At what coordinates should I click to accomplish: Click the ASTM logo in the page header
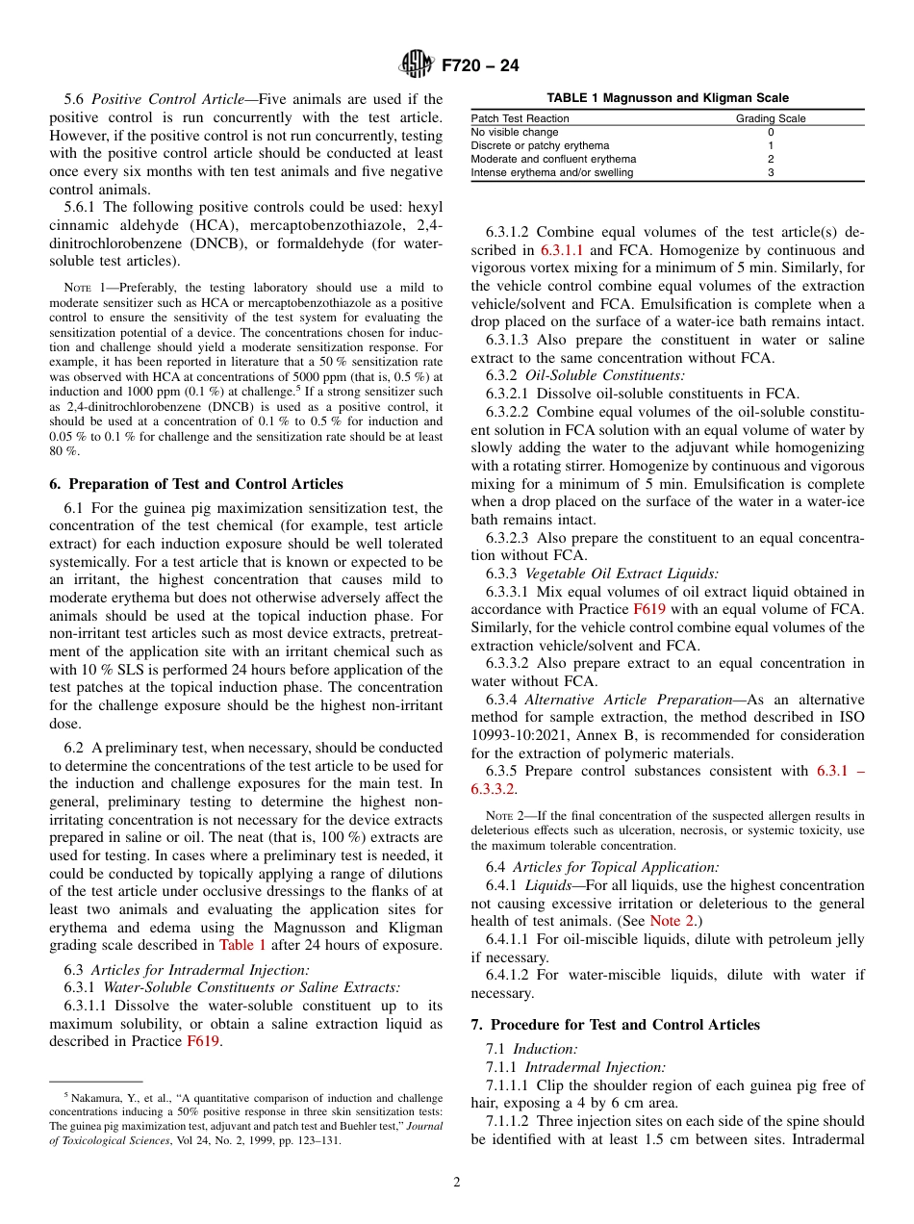416,64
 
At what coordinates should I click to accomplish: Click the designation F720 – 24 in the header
480,65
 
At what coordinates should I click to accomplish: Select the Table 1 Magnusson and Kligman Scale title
667,98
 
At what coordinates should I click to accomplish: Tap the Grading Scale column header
771,118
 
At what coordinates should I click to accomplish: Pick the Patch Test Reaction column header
520,118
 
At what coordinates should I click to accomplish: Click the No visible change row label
514,132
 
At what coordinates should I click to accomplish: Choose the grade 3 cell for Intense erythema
771,172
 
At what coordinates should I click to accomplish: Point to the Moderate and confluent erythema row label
553,159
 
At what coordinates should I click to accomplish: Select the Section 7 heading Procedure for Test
615,1025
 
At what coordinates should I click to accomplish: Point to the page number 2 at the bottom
457,1183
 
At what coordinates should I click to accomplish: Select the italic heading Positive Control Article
158,99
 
